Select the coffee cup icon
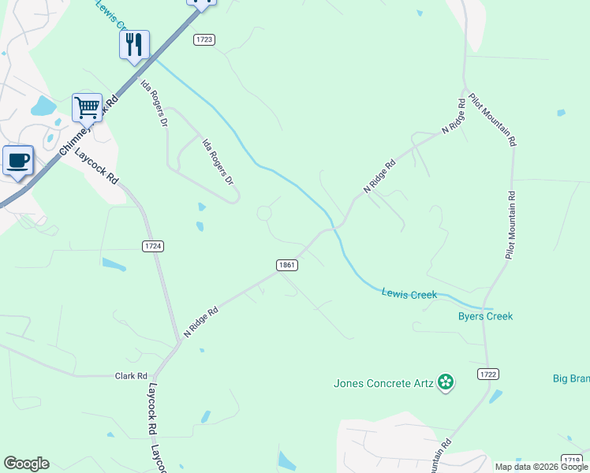17,160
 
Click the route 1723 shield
204,39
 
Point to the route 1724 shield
154,246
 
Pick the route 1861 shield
286,265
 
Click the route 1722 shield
488,374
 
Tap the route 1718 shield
573,459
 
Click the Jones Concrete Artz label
383,383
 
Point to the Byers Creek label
485,316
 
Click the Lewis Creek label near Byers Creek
409,294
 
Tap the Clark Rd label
131,376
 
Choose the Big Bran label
570,379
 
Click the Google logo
26,464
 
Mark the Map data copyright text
542,467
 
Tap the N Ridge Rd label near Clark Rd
200,322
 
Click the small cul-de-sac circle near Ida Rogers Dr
264,213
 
